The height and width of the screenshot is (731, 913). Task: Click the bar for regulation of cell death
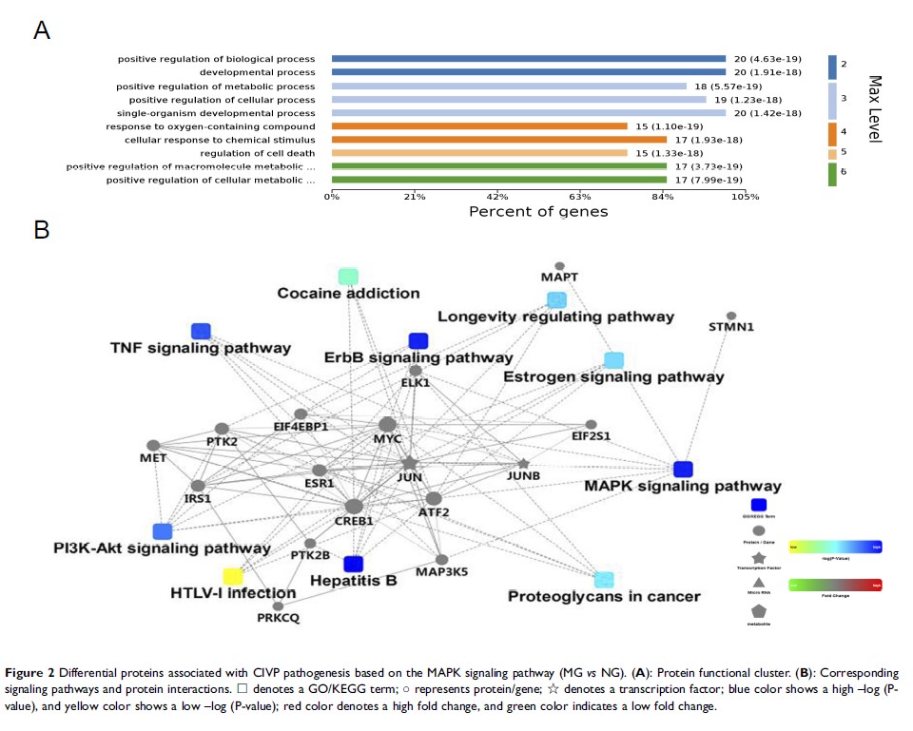pos(478,153)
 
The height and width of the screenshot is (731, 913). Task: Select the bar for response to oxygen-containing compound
pos(478,125)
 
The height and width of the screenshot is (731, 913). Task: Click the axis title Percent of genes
pos(537,211)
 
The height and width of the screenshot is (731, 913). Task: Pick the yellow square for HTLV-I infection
pos(233,576)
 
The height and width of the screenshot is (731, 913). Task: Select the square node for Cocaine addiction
pos(348,277)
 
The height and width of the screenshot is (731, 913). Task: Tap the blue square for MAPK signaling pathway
pos(682,469)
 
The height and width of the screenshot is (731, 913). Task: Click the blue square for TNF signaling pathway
pos(201,331)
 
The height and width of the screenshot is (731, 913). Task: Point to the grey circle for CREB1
pos(355,507)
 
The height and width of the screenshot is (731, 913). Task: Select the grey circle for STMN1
pos(730,316)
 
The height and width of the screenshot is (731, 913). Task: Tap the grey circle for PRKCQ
pos(278,606)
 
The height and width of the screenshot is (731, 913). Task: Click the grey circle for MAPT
pos(559,266)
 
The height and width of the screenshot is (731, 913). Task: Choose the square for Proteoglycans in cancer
pos(603,579)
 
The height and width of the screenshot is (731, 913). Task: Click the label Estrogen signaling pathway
pos(612,377)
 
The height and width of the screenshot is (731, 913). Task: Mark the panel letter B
pos(41,231)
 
